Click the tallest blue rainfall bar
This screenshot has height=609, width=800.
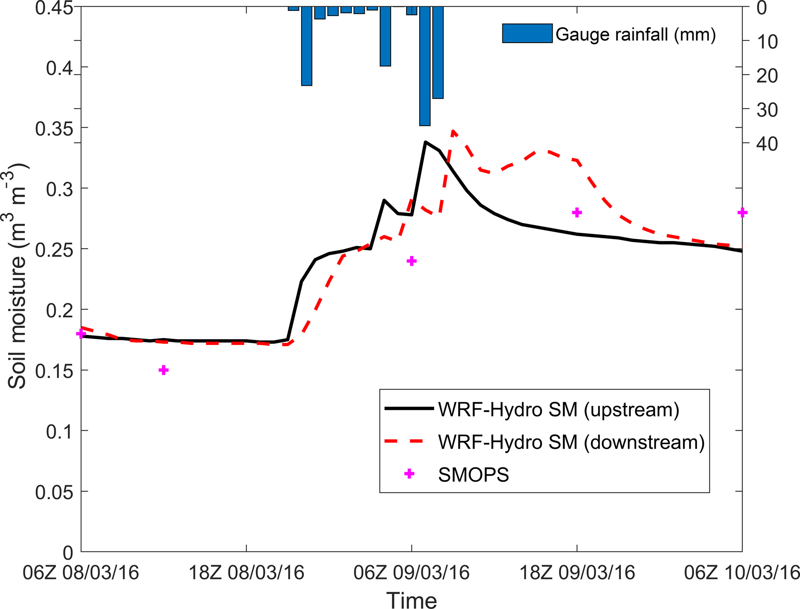click(x=425, y=66)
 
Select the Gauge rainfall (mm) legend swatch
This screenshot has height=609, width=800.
click(x=527, y=33)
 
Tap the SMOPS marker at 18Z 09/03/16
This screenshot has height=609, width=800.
click(x=577, y=212)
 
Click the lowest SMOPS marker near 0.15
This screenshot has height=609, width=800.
click(x=164, y=370)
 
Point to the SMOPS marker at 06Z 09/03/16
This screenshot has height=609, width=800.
click(x=411, y=261)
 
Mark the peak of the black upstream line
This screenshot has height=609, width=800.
click(x=425, y=142)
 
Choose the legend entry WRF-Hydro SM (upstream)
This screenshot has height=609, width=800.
click(x=558, y=409)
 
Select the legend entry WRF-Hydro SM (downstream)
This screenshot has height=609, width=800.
click(x=571, y=442)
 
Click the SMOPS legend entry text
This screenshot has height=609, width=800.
click(x=473, y=475)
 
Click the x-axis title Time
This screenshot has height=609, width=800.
click(x=411, y=600)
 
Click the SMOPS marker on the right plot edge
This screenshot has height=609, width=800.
click(x=742, y=212)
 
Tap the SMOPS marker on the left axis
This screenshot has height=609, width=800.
click(x=81, y=334)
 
